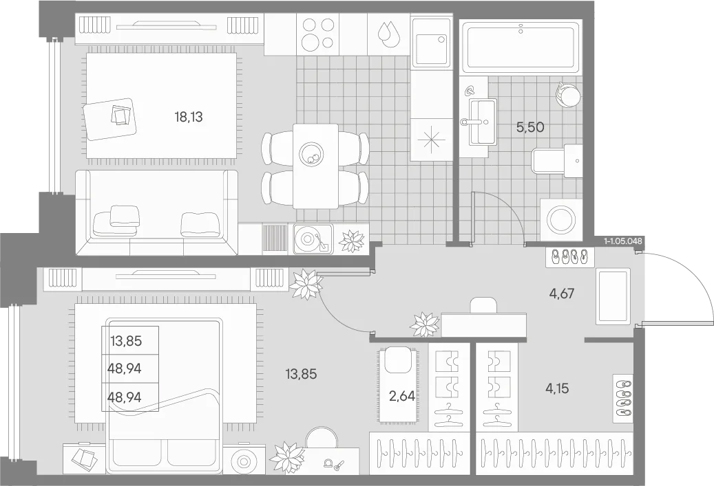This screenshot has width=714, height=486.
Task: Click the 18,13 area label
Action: click(188, 118)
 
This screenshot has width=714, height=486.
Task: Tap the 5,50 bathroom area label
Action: click(530, 127)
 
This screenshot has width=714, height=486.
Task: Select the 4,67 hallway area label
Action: click(561, 294)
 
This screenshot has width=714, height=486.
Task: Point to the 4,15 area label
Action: click(557, 388)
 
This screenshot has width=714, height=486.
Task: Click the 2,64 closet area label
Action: click(402, 397)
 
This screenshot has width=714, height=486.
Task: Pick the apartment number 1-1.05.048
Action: click(623, 241)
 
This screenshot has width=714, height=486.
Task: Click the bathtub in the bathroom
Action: click(521, 46)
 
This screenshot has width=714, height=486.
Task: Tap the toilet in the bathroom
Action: click(557, 160)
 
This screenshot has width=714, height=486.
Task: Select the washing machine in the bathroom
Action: click(560, 219)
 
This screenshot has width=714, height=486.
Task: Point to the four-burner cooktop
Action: click(318, 34)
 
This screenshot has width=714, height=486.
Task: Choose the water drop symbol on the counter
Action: click(388, 34)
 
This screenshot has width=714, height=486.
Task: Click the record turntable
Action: click(313, 239)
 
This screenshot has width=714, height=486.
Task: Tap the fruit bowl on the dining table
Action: click(313, 155)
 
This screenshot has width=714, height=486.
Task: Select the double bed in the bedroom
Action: click(164, 395)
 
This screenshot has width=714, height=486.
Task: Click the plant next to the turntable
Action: click(353, 239)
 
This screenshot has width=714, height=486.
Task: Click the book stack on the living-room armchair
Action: click(122, 115)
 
